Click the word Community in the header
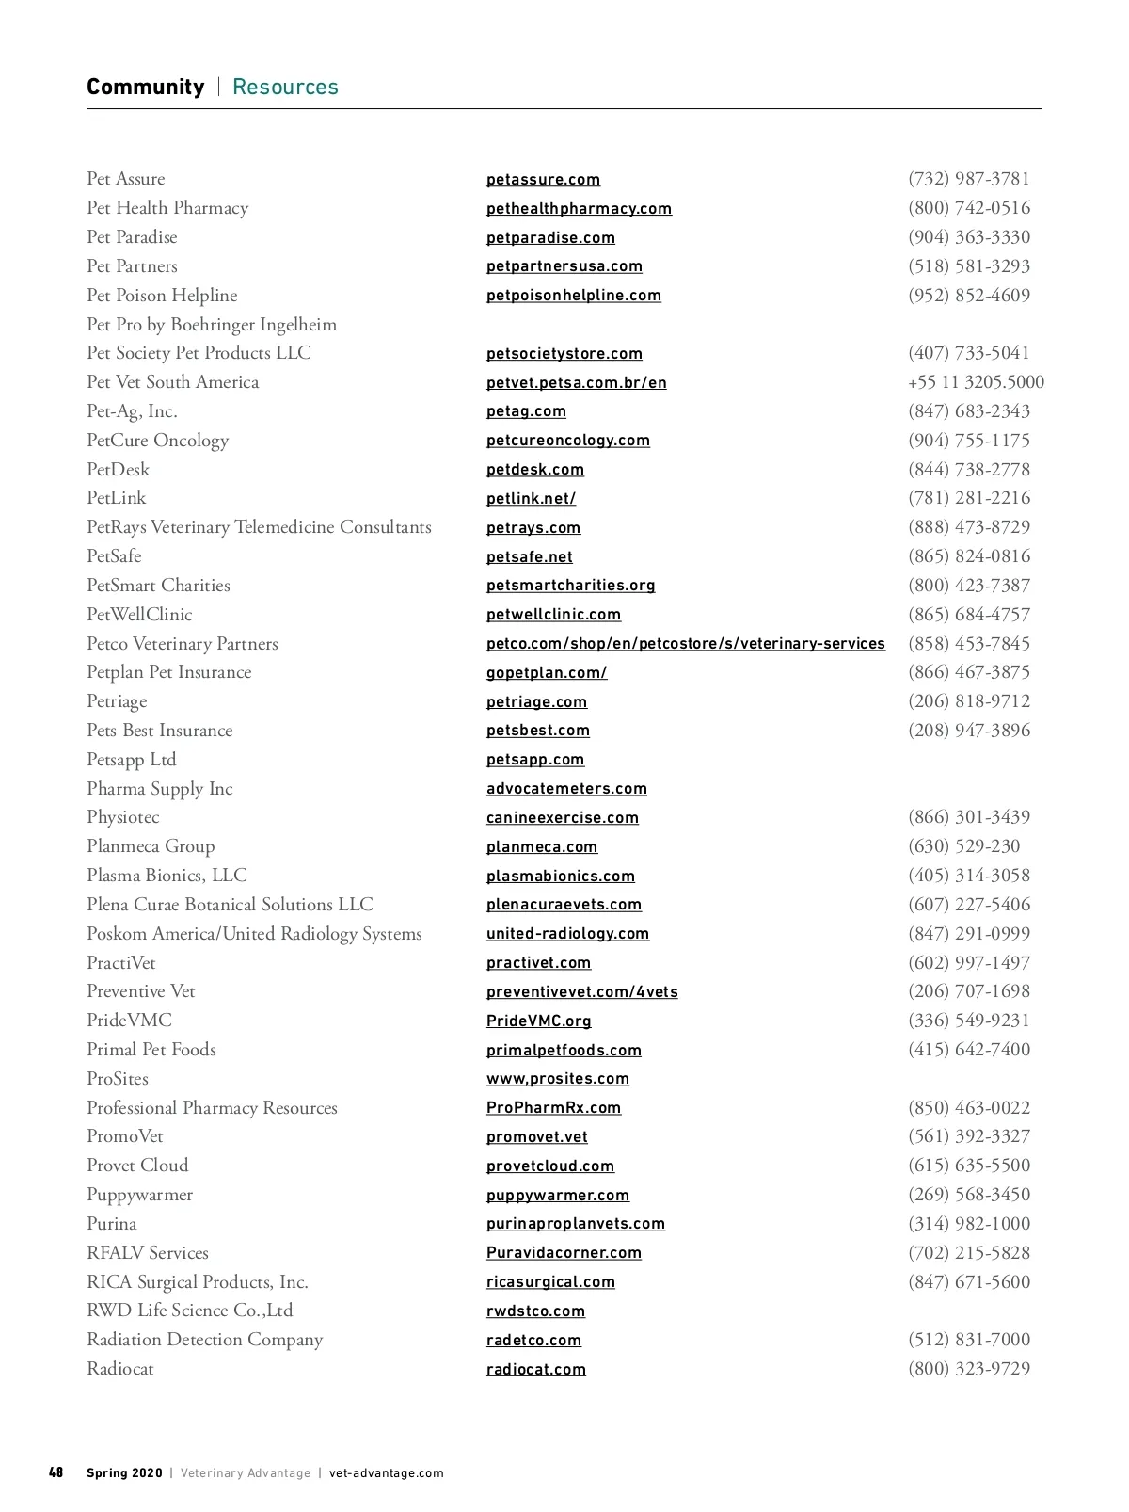(x=145, y=88)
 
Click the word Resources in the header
(x=285, y=88)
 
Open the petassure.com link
(x=543, y=180)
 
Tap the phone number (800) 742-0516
(x=969, y=208)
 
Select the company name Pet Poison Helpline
(x=162, y=296)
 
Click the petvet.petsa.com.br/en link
(x=576, y=383)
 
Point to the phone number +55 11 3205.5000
(x=976, y=382)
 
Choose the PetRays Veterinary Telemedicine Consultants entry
(x=259, y=527)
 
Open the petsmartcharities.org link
(x=570, y=586)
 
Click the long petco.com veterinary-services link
(x=685, y=644)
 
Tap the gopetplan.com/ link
(x=547, y=673)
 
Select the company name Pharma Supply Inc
(x=160, y=789)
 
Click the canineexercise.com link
(x=562, y=818)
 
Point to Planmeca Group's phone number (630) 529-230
(x=963, y=846)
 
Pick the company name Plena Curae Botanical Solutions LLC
(x=230, y=905)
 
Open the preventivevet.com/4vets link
(x=581, y=992)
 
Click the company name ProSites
(x=118, y=1079)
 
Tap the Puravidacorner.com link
(x=564, y=1253)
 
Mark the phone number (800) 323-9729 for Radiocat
(x=969, y=1369)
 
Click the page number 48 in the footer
(x=56, y=1472)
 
